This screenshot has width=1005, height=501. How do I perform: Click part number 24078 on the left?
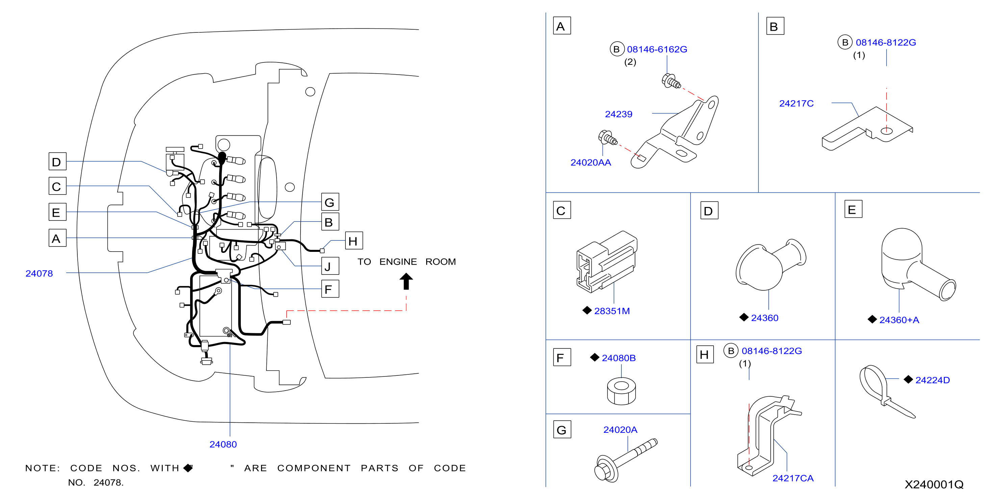click(x=39, y=273)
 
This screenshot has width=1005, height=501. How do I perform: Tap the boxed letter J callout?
click(x=330, y=266)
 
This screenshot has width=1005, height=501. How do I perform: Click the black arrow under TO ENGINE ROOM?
click(x=406, y=281)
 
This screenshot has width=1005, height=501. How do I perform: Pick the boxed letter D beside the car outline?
click(x=57, y=161)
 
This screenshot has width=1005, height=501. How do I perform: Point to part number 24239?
click(x=618, y=114)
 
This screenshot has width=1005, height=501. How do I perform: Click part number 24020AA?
click(x=591, y=163)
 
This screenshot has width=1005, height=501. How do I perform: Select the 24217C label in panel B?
click(x=796, y=103)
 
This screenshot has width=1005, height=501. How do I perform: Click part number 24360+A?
click(x=899, y=320)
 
